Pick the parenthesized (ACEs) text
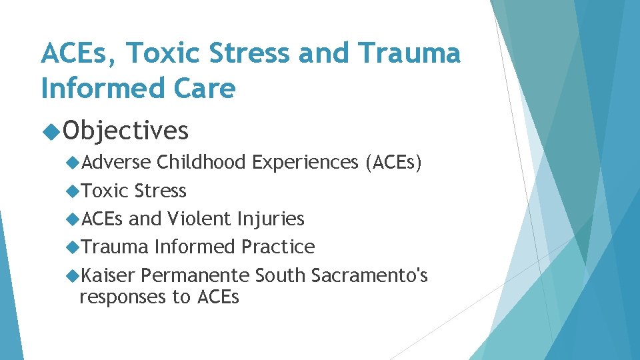point(393,162)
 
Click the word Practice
point(278,247)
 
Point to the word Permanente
point(195,275)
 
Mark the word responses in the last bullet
point(126,297)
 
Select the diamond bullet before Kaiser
point(73,275)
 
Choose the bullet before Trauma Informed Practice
point(73,247)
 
